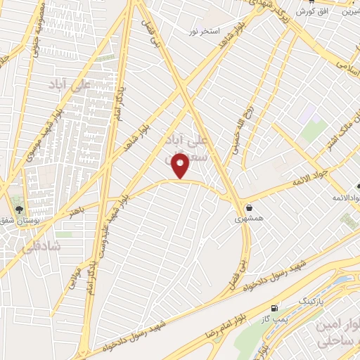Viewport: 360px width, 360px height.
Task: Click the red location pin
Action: pyautogui.click(x=182, y=166)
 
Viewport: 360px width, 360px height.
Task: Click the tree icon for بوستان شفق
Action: pyautogui.click(x=20, y=209)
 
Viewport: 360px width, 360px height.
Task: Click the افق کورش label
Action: pyautogui.click(x=310, y=11)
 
